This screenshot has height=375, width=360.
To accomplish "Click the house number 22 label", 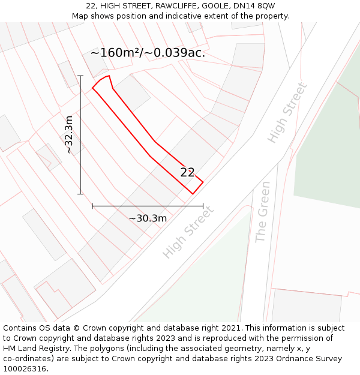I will (x=187, y=172).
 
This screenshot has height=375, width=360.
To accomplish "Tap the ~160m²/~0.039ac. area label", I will (x=148, y=53).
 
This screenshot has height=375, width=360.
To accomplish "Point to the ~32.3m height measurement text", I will (x=69, y=134).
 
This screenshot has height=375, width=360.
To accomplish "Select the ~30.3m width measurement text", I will (x=148, y=218).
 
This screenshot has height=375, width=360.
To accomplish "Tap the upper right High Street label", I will (x=287, y=112).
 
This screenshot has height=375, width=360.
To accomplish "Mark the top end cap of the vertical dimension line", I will (x=80, y=76).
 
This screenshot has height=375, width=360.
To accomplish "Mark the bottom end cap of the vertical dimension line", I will (x=80, y=194).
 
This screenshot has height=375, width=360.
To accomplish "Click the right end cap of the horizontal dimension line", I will (x=203, y=206).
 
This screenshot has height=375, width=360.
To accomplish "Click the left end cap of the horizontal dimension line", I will (x=92, y=206).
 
